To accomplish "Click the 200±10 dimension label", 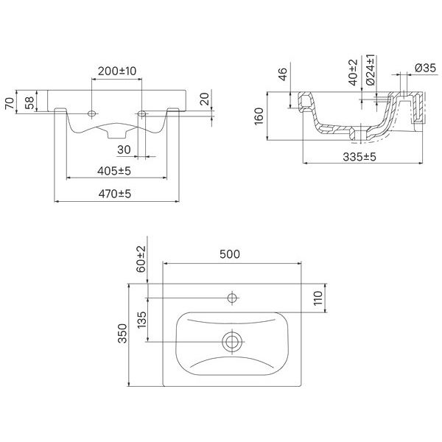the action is pyautogui.click(x=117, y=71).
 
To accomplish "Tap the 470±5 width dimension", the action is pyautogui.click(x=115, y=194).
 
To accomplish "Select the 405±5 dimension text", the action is pyautogui.click(x=114, y=171).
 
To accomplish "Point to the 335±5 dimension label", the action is pyautogui.click(x=359, y=157).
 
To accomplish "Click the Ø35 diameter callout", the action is pyautogui.click(x=425, y=68).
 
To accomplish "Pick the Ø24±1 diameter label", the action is pyautogui.click(x=371, y=70).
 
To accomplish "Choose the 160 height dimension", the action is pyautogui.click(x=259, y=116).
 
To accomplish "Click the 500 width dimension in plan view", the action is pyautogui.click(x=230, y=254).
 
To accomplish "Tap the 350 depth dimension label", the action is pyautogui.click(x=122, y=333).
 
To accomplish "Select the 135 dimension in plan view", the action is pyautogui.click(x=141, y=320).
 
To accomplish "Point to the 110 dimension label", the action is pyautogui.click(x=318, y=298).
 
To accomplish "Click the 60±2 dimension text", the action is pyautogui.click(x=141, y=259).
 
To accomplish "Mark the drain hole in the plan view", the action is pyautogui.click(x=232, y=342).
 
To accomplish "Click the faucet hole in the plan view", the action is pyautogui.click(x=232, y=298).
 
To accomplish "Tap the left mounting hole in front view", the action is pyautogui.click(x=91, y=113).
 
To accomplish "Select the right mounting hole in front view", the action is pyautogui.click(x=141, y=113).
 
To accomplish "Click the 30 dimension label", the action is pyautogui.click(x=124, y=150).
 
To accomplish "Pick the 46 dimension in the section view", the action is pyautogui.click(x=283, y=74).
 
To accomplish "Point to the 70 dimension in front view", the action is pyautogui.click(x=10, y=103).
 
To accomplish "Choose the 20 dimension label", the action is pyautogui.click(x=206, y=99).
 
